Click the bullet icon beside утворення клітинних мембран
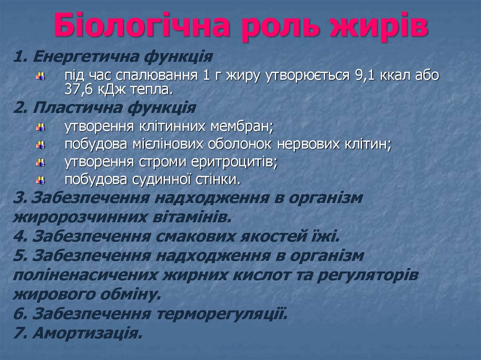[x=41, y=127]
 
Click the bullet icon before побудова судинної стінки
[x=41, y=180]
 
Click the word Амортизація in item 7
[x=87, y=333]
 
